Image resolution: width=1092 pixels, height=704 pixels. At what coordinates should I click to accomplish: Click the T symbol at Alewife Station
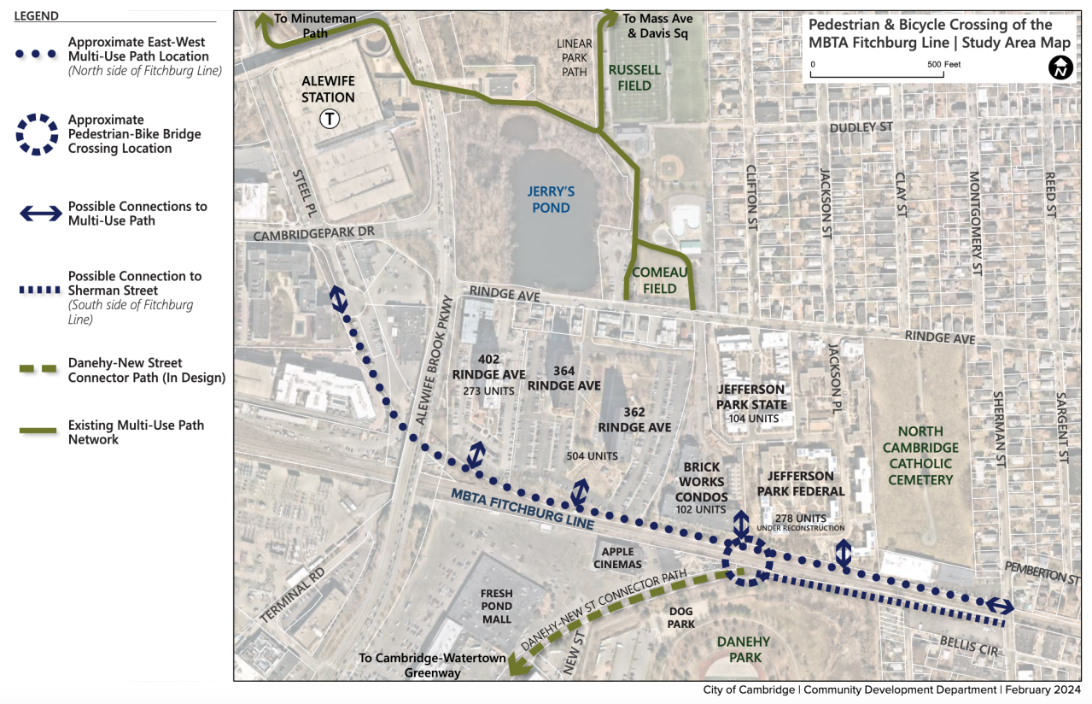click(x=329, y=120)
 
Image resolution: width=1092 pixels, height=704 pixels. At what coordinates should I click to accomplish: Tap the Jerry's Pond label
click(x=548, y=199)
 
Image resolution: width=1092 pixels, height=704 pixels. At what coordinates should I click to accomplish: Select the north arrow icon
click(x=1060, y=67)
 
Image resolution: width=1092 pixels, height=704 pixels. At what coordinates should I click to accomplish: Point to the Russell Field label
click(x=635, y=78)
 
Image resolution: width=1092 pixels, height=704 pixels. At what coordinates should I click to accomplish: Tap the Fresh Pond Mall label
click(x=496, y=606)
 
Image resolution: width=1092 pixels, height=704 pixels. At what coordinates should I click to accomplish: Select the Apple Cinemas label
click(x=617, y=558)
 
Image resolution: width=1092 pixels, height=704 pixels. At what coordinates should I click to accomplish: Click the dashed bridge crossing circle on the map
click(x=748, y=560)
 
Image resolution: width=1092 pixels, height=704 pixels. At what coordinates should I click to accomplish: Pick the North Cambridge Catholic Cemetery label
click(x=920, y=463)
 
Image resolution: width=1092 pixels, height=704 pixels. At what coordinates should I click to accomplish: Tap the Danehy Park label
click(x=743, y=649)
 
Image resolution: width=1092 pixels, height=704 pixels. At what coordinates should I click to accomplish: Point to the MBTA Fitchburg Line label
click(x=523, y=507)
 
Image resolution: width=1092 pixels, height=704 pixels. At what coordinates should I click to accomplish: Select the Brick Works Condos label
click(x=702, y=482)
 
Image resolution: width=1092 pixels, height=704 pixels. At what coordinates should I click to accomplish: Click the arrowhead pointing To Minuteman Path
click(x=264, y=21)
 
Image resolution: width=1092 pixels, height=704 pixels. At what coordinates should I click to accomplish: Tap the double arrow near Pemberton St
click(x=1000, y=607)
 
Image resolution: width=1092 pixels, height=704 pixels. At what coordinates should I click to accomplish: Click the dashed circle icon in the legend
click(x=36, y=134)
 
